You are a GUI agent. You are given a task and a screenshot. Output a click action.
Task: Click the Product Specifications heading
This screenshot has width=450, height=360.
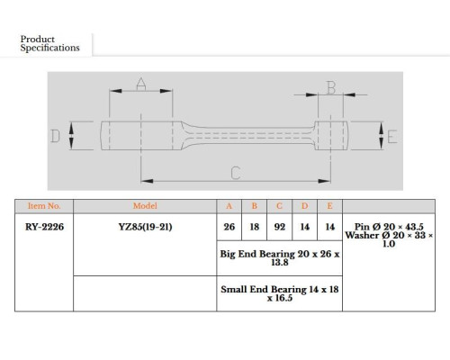49,43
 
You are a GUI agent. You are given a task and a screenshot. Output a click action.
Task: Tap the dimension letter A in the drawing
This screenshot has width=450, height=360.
141,84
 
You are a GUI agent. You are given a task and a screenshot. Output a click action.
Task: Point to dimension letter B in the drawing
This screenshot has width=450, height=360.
331,88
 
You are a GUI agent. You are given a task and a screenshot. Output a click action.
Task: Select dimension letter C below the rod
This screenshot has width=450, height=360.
236,173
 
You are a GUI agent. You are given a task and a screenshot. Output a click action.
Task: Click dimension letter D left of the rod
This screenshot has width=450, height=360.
55,136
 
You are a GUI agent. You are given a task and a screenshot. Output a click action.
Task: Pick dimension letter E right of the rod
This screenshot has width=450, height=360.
392,137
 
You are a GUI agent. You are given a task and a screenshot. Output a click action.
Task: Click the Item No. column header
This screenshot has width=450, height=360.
44,206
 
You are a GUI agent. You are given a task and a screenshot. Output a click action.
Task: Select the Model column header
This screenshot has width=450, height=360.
145,206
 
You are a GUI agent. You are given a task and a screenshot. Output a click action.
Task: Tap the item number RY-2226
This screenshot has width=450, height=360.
44,227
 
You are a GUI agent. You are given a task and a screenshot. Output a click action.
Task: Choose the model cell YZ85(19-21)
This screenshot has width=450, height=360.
145,227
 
